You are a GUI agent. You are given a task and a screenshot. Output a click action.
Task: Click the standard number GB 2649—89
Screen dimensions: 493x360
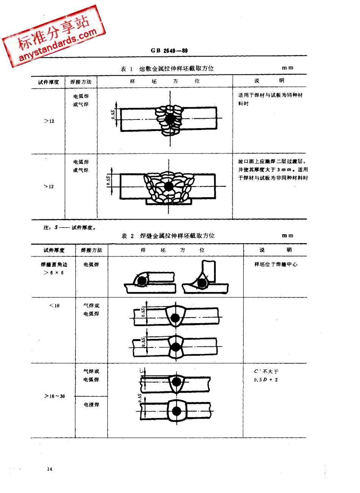pos(169,50)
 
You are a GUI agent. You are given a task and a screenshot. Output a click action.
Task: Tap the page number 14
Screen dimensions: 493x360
pos(49,469)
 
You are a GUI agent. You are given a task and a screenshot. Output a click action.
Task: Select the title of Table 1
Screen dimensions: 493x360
pos(167,69)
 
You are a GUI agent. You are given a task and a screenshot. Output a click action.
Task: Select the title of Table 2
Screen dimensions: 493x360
pos(168,236)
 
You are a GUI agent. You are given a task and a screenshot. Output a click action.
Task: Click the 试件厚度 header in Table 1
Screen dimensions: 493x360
pos(49,82)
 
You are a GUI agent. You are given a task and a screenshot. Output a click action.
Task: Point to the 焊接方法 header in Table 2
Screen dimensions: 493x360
pos(91,250)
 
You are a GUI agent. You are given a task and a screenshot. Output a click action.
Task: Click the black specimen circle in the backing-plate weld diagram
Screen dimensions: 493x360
pos(168,186)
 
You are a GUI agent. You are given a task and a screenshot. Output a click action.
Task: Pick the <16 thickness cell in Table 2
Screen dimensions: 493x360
pos(54,306)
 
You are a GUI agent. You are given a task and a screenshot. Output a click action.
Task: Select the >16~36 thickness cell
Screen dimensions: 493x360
pos(55,396)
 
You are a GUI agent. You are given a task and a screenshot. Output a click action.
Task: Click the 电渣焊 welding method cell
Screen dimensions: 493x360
pos(91,405)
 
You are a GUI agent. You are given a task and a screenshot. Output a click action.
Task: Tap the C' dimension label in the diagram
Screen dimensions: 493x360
pos(141,370)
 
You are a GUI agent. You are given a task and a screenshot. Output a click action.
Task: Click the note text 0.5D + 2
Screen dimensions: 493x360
pos(266,380)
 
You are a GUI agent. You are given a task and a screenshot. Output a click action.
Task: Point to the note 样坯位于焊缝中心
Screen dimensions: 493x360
pos(275,264)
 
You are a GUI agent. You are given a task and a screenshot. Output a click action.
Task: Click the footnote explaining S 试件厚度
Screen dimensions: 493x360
pos(70,228)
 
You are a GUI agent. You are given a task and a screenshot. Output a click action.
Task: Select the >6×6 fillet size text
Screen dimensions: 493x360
pos(54,273)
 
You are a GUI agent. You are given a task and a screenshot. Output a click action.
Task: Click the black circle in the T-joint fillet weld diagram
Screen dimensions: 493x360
pos(202,283)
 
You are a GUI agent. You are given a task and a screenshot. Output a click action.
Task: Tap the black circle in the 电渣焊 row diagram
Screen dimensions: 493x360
pos(176,411)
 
